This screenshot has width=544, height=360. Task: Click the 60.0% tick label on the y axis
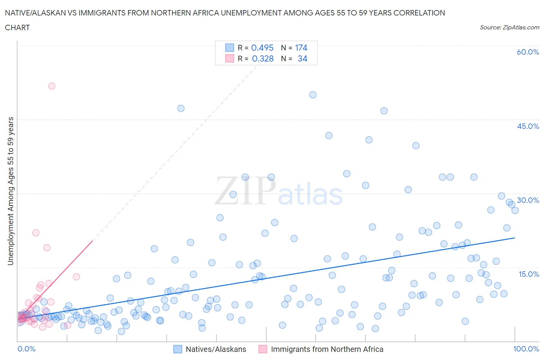pyautogui.click(x=528, y=52)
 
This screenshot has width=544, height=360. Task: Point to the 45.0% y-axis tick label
pyautogui.click(x=528, y=126)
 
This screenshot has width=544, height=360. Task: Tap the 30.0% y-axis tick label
pyautogui.click(x=528, y=200)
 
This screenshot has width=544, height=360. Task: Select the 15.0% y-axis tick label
pyautogui.click(x=529, y=274)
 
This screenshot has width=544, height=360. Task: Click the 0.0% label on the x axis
pyautogui.click(x=26, y=349)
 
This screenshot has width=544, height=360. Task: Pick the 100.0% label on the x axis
pyautogui.click(x=526, y=349)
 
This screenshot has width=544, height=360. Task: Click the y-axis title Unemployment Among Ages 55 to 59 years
pyautogui.click(x=10, y=191)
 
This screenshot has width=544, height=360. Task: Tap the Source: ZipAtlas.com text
pyautogui.click(x=509, y=27)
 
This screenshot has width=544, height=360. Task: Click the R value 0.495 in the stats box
pyautogui.click(x=262, y=48)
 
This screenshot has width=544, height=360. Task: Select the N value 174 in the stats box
pyautogui.click(x=301, y=48)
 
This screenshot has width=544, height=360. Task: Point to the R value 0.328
pyautogui.click(x=263, y=58)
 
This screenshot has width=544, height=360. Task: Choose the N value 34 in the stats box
pyautogui.click(x=302, y=58)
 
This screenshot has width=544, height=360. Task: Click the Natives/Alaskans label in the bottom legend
pyautogui.click(x=216, y=349)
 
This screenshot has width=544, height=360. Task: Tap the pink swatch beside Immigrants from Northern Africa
pyautogui.click(x=263, y=349)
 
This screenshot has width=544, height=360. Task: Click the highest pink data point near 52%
pyautogui.click(x=51, y=86)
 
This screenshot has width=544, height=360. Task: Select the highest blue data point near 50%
pyautogui.click(x=313, y=95)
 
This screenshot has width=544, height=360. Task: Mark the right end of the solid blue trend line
pyautogui.click(x=515, y=238)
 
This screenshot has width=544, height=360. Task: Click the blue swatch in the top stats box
pyautogui.click(x=230, y=48)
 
